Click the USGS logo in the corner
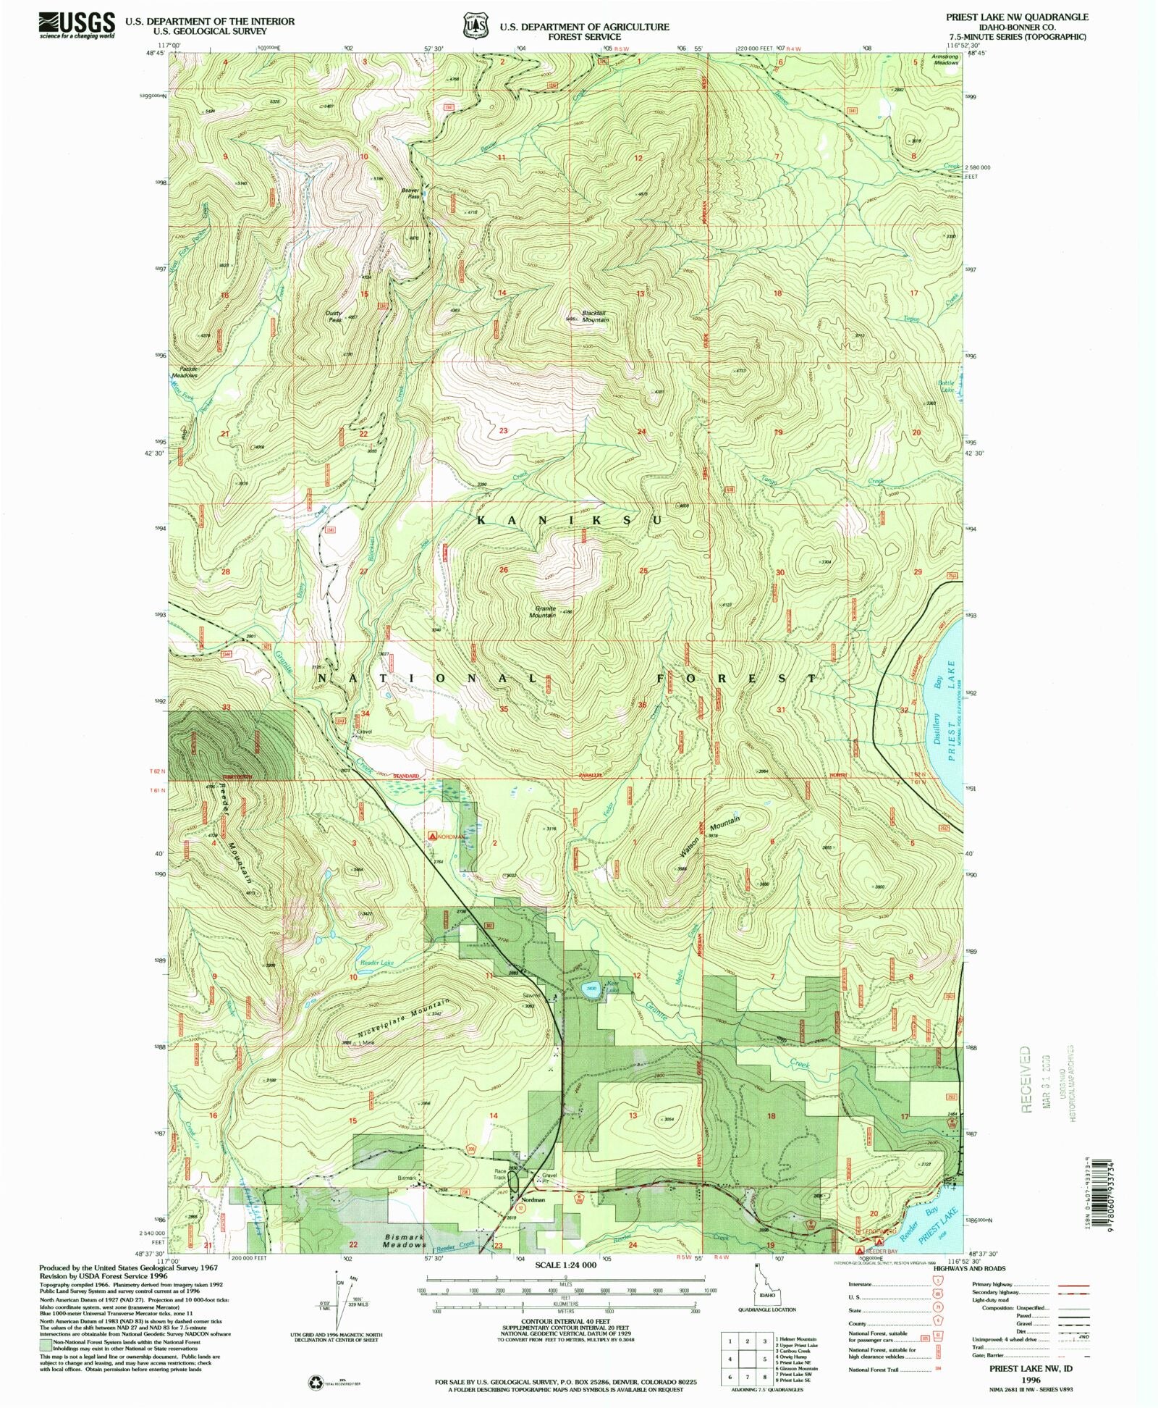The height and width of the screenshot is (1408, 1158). coord(76,25)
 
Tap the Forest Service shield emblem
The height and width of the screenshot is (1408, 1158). coord(474,26)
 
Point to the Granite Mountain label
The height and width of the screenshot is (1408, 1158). coord(542,611)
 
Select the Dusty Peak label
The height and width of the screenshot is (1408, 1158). coord(334,317)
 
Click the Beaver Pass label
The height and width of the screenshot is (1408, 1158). coord(411,193)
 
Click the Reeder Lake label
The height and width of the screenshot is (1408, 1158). coord(377,963)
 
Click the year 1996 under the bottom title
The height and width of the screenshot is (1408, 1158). coord(1031,1380)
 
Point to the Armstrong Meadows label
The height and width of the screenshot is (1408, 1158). coord(945,59)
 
